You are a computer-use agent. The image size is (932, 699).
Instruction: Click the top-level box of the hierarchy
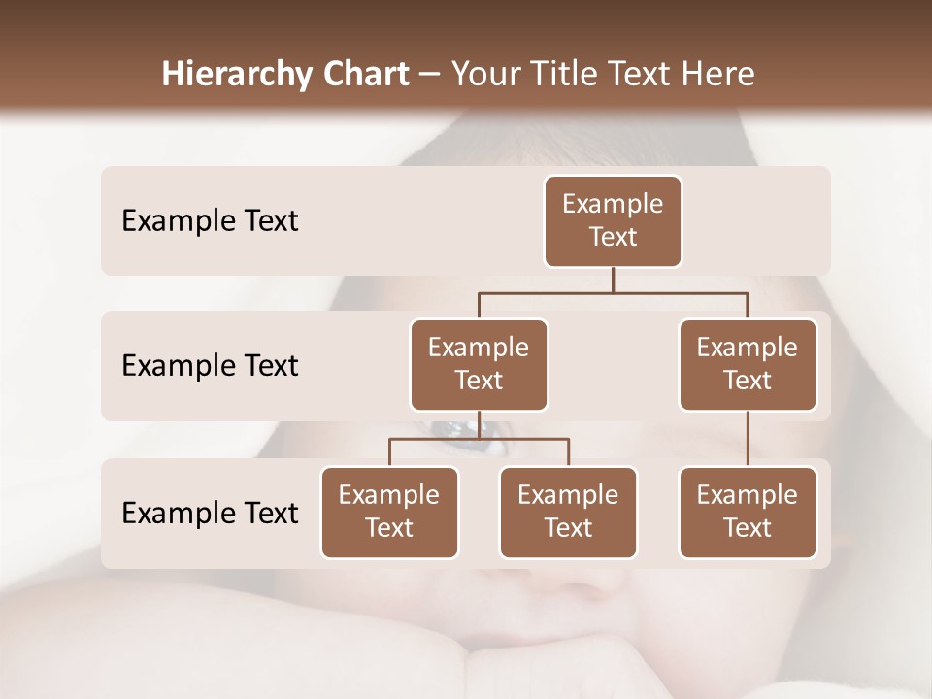tap(613, 220)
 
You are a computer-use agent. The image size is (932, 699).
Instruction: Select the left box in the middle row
tap(479, 364)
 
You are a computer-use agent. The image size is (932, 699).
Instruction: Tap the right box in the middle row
tap(748, 364)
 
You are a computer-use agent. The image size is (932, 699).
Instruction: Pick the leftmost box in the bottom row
tap(389, 512)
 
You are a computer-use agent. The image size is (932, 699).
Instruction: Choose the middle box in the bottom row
tap(568, 512)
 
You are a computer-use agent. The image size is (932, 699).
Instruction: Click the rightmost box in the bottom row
tap(748, 512)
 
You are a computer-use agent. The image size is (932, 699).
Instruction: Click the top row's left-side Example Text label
tap(210, 220)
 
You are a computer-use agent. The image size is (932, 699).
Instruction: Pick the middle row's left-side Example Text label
tap(210, 365)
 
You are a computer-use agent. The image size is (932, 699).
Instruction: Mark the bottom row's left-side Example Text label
tap(210, 513)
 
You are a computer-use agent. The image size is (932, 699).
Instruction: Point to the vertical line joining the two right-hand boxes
tap(748, 439)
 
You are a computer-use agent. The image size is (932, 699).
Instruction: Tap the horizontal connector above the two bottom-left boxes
tap(479, 439)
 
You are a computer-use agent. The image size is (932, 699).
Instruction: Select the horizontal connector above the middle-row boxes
tap(613, 291)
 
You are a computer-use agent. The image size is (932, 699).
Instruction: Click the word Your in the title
tap(484, 74)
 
